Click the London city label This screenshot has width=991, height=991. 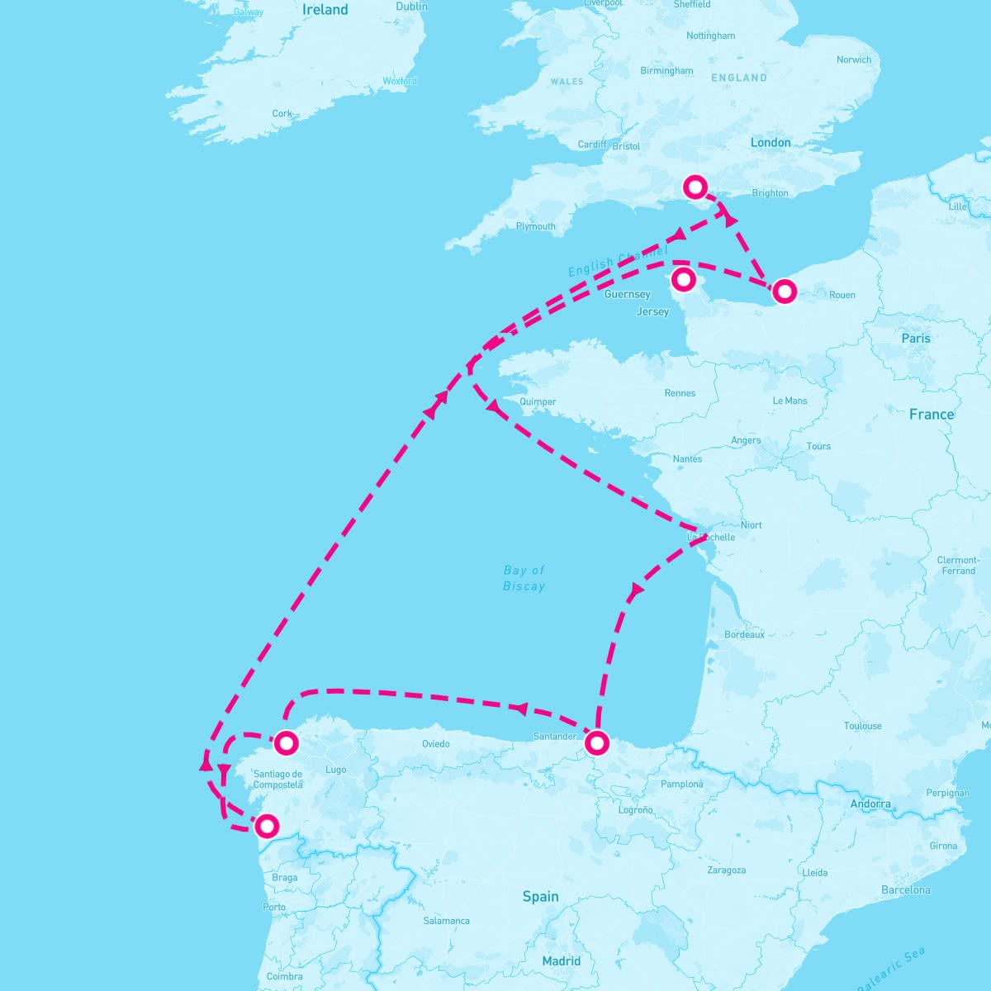coord(770,143)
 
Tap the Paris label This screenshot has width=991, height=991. coord(915,339)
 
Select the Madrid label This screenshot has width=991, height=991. coord(561,961)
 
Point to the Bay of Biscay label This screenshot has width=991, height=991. coord(524,578)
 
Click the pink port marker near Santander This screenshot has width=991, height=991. coord(596,743)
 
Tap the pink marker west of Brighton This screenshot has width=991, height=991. coord(695,187)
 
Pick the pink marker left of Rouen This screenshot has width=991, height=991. coord(784,291)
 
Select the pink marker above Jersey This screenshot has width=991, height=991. coord(683,279)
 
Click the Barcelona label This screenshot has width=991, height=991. coord(905,890)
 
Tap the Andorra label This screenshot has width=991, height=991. coord(870,804)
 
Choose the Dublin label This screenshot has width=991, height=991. coord(411,7)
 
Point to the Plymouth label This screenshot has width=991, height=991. coord(535,226)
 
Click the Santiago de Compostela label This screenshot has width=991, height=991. coord(278,780)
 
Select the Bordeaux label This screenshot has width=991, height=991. coord(744,635)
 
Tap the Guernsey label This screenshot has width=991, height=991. coord(628,295)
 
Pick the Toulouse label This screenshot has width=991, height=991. coord(862,727)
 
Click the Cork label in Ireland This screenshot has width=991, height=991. coord(282,114)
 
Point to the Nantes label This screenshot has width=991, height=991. coord(687,459)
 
